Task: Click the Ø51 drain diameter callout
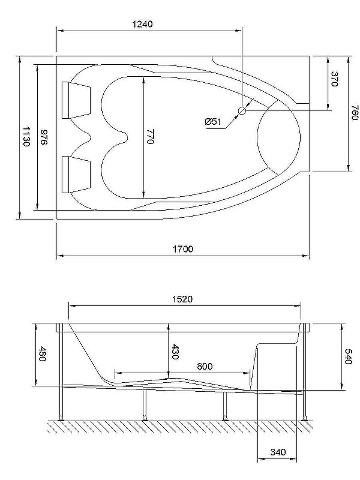tap(214, 122)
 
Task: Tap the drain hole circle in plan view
tap(243, 111)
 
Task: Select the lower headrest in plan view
tap(76, 174)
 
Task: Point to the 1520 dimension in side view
tap(182, 299)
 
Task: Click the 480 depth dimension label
tap(42, 354)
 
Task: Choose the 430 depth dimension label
tap(176, 352)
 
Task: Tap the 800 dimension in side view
tap(203, 366)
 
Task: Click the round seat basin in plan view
tap(277, 137)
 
